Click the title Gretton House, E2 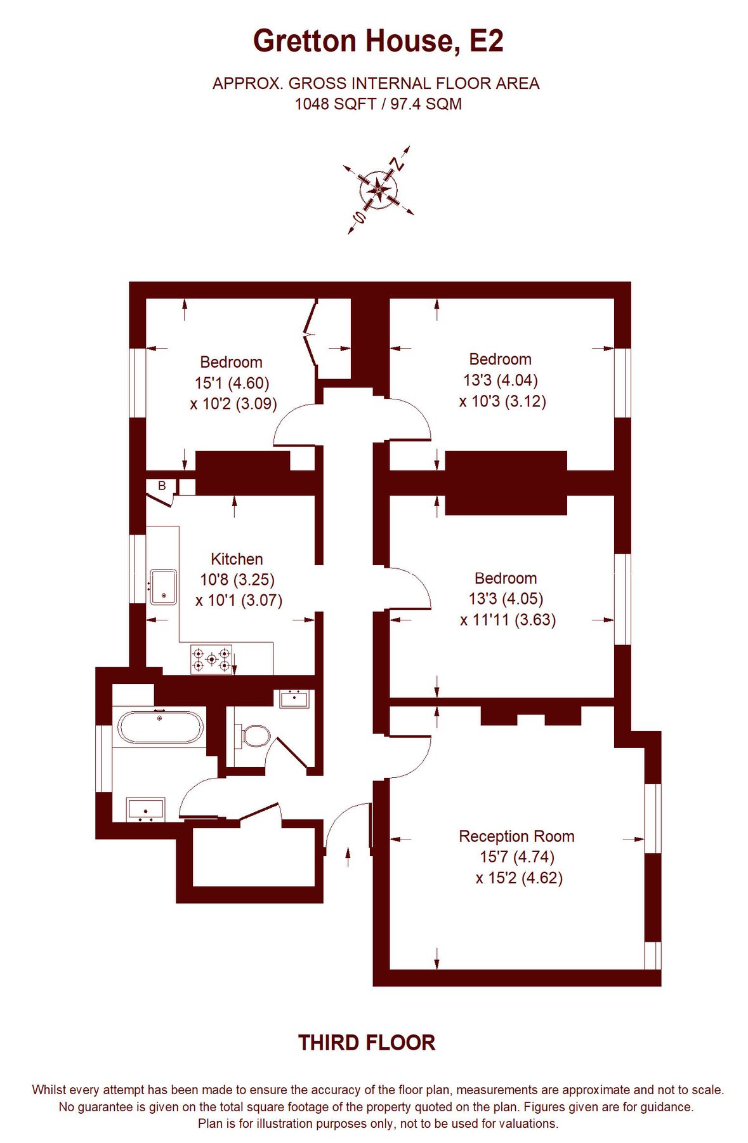tap(378, 41)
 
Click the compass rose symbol tap(379, 189)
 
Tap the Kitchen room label tap(237, 559)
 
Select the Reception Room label tap(516, 836)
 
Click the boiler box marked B tap(161, 486)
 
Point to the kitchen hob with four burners tap(211, 658)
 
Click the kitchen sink tap(163, 587)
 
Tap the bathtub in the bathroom tap(161, 726)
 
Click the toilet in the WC tap(255, 735)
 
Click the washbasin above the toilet tap(294, 699)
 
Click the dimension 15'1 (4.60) tap(232, 383)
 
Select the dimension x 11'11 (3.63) tap(508, 620)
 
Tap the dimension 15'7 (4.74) tap(517, 857)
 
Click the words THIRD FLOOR tap(367, 1043)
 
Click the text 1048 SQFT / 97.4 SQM tap(378, 104)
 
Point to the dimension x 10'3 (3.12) tap(502, 401)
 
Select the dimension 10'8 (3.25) tap(237, 580)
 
